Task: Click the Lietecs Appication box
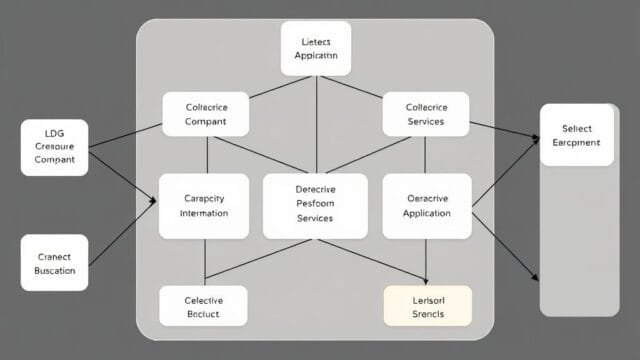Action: click(x=317, y=49)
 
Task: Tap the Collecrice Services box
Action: click(x=426, y=114)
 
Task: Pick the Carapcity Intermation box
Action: click(x=204, y=205)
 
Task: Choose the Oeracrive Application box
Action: click(x=427, y=205)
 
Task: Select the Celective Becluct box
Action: click(x=204, y=307)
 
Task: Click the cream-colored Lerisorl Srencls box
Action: click(x=427, y=307)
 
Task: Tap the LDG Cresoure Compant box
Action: click(x=54, y=147)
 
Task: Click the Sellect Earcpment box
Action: click(x=576, y=135)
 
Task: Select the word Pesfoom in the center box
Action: click(x=316, y=204)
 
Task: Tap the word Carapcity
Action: click(x=204, y=198)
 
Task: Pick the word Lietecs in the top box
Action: click(x=317, y=42)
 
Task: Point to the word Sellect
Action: click(x=576, y=129)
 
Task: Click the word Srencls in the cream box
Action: click(x=427, y=314)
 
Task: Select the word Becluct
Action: click(x=204, y=314)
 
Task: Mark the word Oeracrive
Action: click(x=427, y=198)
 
